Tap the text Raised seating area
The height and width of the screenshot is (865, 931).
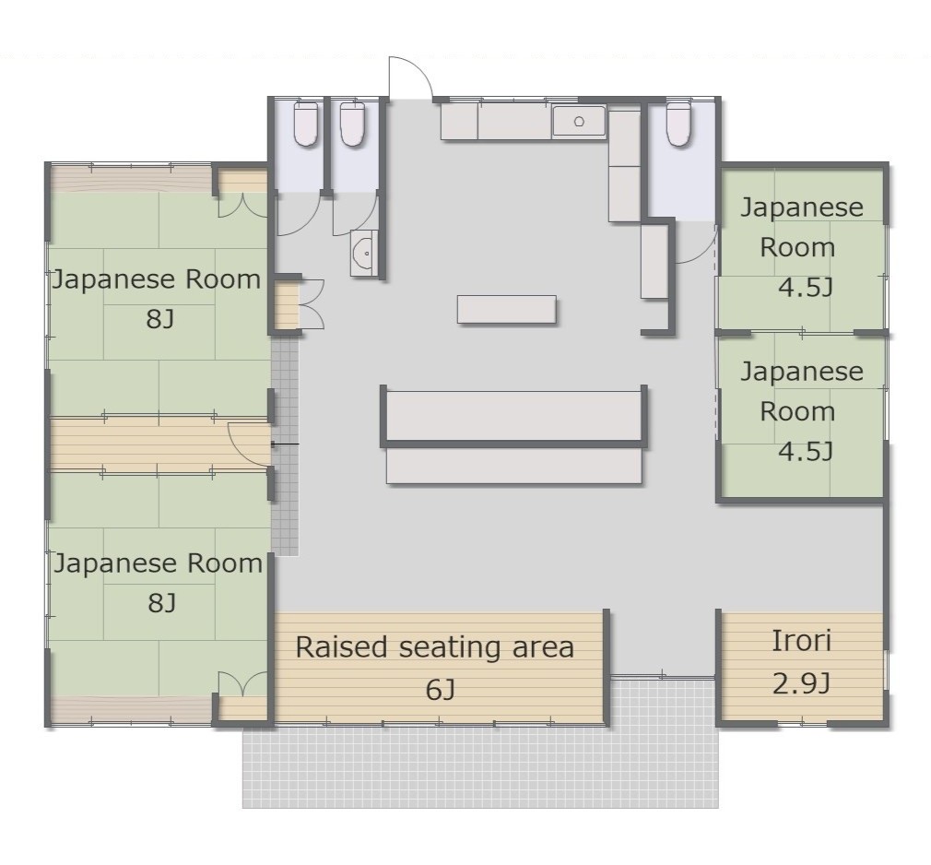(x=435, y=647)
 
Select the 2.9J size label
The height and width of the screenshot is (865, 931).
(x=800, y=684)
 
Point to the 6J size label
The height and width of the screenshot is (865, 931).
(x=440, y=690)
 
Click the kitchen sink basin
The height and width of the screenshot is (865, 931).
(x=579, y=122)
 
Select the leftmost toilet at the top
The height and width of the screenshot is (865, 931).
(x=306, y=124)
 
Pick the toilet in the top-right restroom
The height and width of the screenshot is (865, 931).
(x=678, y=124)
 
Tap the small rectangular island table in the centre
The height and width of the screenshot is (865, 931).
(x=506, y=310)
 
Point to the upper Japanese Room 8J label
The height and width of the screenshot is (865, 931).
(x=157, y=299)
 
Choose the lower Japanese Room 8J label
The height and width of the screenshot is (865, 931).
(x=159, y=583)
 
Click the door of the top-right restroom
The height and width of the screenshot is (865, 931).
(x=697, y=243)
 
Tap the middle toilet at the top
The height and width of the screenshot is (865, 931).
(x=352, y=124)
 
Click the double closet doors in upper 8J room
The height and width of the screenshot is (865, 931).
(x=242, y=205)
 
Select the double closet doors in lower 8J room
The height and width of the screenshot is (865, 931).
(x=242, y=684)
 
